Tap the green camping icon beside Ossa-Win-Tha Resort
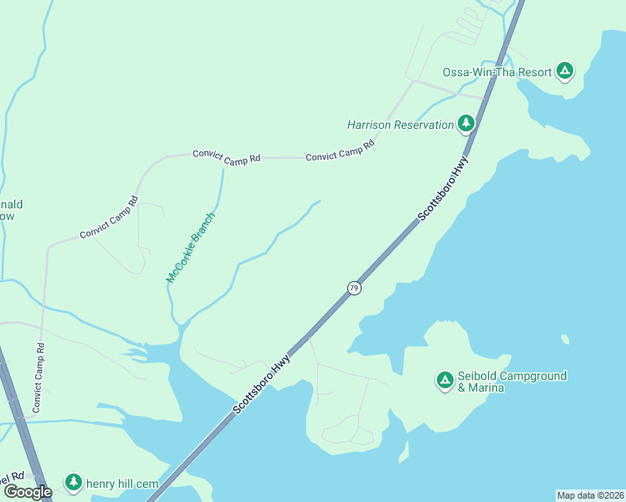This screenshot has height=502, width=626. [566, 71]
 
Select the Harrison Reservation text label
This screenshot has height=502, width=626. [400, 125]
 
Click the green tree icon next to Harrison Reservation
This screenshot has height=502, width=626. [466, 125]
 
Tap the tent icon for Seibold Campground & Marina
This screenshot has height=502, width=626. [444, 382]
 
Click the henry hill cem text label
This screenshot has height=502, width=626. [123, 484]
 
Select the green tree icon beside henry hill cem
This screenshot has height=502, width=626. [74, 483]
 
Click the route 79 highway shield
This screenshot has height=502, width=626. [354, 288]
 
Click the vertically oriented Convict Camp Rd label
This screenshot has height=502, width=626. [38, 376]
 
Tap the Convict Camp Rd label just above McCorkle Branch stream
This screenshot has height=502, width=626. [226, 156]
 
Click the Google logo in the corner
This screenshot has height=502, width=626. [27, 492]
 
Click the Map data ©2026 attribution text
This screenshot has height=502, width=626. [590, 495]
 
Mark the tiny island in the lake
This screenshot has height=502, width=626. [566, 339]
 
